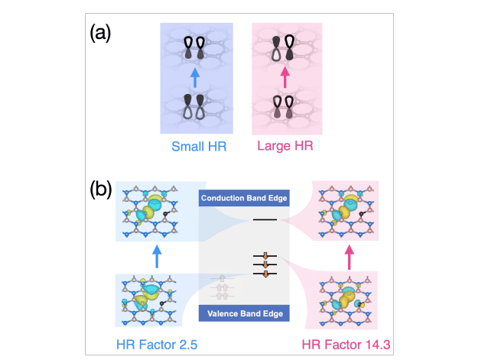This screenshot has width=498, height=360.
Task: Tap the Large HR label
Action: (285, 146)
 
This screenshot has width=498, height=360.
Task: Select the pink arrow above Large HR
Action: (285, 77)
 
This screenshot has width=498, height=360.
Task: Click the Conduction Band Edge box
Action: (242, 198)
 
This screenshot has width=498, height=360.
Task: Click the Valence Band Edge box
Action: (242, 313)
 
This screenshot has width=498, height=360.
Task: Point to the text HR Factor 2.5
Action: (156, 346)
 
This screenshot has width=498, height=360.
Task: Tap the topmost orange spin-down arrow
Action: (265, 256)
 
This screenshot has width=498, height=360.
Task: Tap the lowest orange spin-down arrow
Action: (265, 273)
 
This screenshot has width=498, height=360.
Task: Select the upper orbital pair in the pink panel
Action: (285, 48)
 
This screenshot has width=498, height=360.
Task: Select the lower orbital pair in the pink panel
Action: (285, 106)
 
